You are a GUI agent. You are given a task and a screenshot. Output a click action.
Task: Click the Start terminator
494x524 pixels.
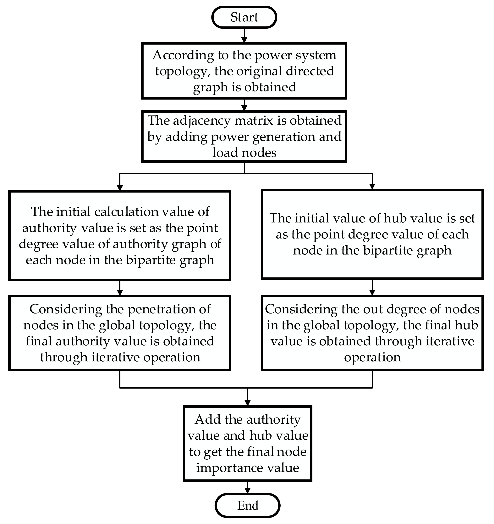tap(244, 17)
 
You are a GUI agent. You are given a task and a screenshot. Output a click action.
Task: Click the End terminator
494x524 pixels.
tap(247, 505)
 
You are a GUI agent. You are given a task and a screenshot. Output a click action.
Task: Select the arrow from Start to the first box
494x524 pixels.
tap(244, 35)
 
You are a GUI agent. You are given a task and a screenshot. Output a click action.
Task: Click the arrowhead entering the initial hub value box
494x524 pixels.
tap(372, 186)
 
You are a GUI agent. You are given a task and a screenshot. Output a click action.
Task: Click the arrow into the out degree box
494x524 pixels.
tap(372, 287)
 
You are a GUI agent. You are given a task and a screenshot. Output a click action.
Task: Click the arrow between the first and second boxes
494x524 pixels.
tap(244, 105)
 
